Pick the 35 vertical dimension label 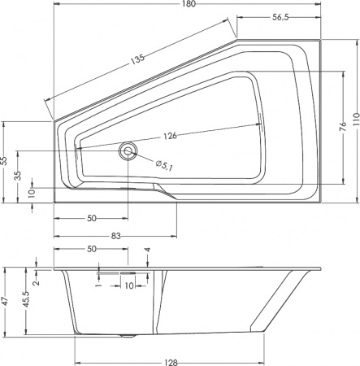tap(19, 175)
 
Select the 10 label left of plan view tap(32, 192)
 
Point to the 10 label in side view tap(128, 285)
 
